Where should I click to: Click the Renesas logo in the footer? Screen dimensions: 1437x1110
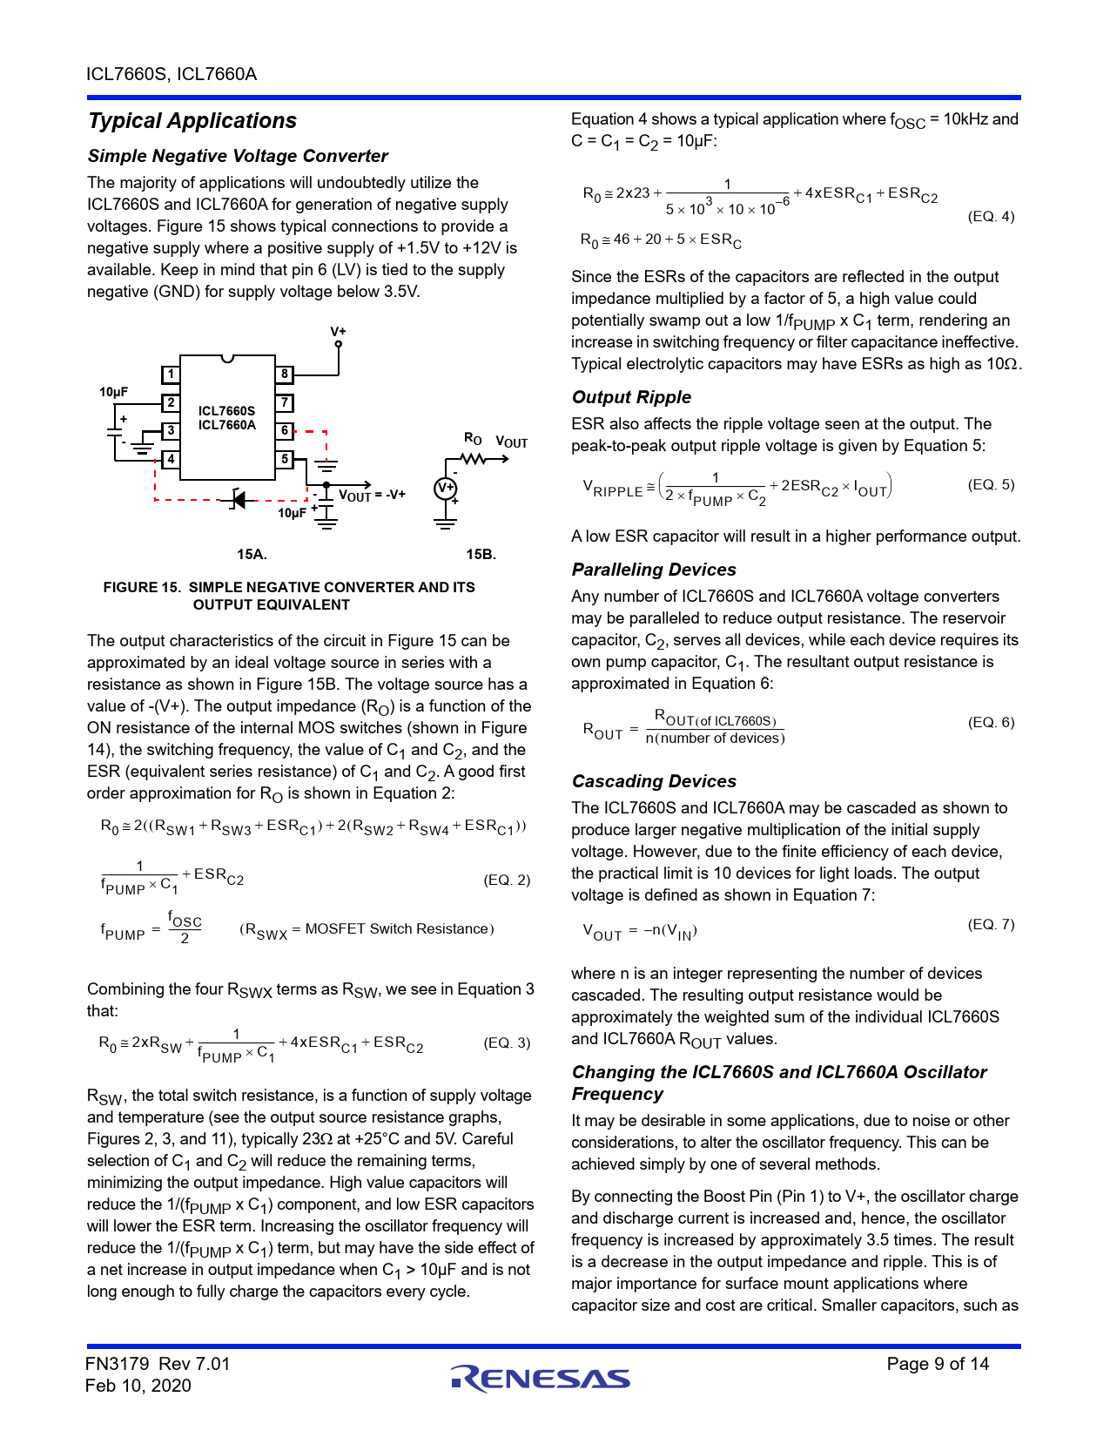(541, 1378)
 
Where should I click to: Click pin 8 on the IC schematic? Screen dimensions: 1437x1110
(285, 374)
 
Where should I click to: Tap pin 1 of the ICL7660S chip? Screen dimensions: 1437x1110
(171, 374)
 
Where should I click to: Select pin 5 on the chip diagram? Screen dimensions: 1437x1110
(285, 459)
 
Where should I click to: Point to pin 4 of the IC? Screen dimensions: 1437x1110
(171, 459)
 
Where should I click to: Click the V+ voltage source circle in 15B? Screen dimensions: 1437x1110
(446, 489)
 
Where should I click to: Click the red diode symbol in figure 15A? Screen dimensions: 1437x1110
(239, 499)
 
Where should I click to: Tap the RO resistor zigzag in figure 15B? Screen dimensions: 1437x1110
(473, 459)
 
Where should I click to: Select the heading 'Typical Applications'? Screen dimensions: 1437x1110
(192, 121)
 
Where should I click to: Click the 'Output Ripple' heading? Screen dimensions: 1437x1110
(631, 397)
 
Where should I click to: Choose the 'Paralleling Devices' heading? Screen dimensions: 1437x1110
(654, 570)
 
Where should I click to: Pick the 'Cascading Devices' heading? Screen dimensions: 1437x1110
(654, 781)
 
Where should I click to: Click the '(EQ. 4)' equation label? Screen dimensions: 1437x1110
(991, 216)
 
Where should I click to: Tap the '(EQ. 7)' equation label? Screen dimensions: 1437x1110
(991, 924)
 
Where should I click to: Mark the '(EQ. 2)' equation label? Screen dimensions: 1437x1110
(507, 880)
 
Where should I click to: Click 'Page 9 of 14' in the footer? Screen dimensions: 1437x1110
(938, 1364)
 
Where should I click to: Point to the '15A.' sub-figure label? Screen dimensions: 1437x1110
(252, 554)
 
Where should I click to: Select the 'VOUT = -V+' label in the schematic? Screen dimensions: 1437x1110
(372, 495)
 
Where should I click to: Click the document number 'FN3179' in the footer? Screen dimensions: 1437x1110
(117, 1364)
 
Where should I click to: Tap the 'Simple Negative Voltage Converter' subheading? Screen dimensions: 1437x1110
(238, 156)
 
